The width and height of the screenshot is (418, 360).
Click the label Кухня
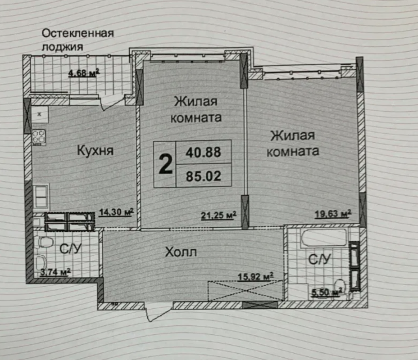click(x=95, y=151)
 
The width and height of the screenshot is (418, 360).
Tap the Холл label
click(x=181, y=252)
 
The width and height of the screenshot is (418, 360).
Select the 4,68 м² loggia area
click(x=84, y=73)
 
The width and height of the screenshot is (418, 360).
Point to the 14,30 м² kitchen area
click(x=116, y=212)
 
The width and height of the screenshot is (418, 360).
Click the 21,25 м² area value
click(x=218, y=215)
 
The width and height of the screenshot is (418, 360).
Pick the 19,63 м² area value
click(x=333, y=214)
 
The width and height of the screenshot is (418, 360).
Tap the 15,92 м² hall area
click(x=255, y=276)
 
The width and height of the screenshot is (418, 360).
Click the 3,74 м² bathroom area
click(x=55, y=272)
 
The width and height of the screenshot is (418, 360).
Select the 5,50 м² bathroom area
click(x=327, y=292)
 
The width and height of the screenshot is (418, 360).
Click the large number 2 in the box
click(x=165, y=164)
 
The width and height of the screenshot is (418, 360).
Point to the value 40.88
click(x=203, y=152)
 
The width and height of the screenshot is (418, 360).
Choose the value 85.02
click(x=204, y=176)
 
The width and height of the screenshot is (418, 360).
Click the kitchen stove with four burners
click(x=39, y=137)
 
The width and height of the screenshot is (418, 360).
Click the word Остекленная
click(x=78, y=33)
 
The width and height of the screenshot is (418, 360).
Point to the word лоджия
click(x=62, y=47)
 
